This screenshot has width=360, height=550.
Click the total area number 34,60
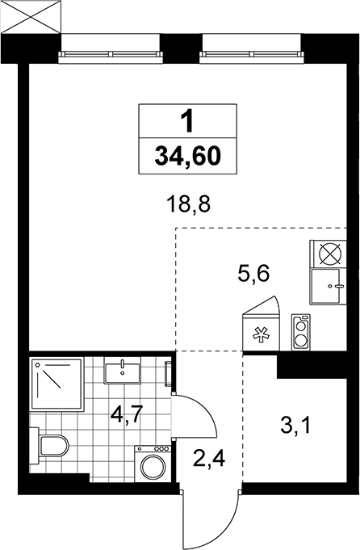click(x=188, y=156)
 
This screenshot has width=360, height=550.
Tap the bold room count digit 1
click(x=188, y=121)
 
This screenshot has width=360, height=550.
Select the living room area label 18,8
click(x=189, y=204)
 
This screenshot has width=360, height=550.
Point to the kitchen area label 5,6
click(x=253, y=273)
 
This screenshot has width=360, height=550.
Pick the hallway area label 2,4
click(x=209, y=459)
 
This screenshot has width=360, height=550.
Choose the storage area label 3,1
click(x=295, y=426)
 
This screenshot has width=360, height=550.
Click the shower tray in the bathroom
click(x=57, y=384)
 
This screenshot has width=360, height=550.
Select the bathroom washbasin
click(x=122, y=371)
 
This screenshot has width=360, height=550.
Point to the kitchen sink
click(x=328, y=286)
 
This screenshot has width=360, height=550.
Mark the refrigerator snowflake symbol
click(x=262, y=334)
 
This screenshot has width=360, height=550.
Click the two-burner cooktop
click(x=301, y=332)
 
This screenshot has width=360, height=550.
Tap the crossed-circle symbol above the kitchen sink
click(x=329, y=254)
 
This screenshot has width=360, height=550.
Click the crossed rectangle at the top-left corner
click(x=31, y=16)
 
